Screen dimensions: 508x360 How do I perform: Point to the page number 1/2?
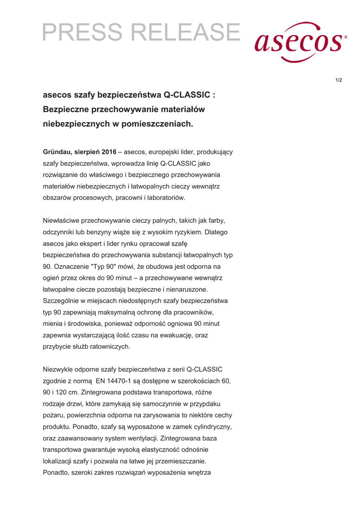[x=338, y=80]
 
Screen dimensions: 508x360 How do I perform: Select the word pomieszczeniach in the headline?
[x=160, y=124]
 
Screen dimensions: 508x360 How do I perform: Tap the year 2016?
[x=109, y=152]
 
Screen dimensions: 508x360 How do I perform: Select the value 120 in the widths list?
[x=65, y=392]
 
